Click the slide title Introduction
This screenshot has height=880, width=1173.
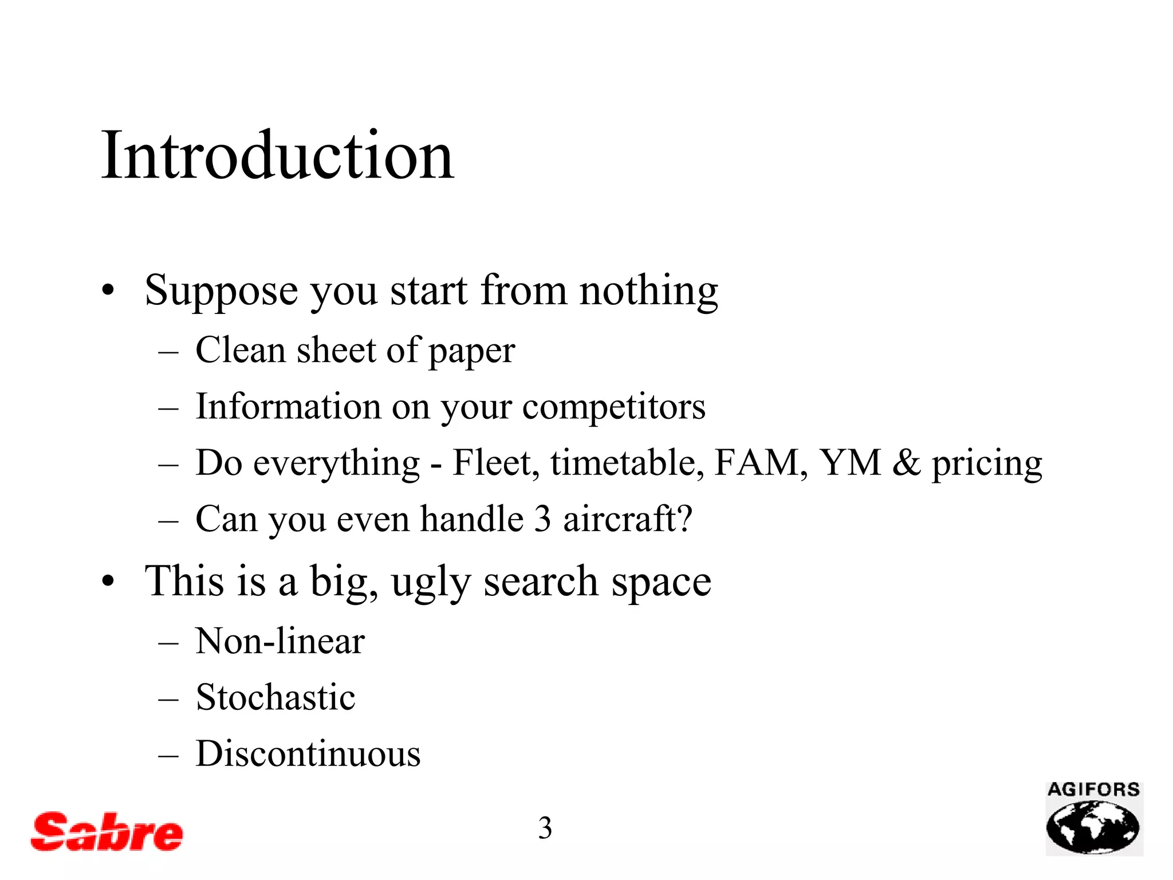(278, 156)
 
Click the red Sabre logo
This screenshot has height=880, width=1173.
(107, 831)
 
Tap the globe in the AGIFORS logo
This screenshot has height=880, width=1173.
(1093, 827)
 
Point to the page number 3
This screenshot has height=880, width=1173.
(545, 828)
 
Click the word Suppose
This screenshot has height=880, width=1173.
(221, 292)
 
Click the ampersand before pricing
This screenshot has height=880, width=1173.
(906, 463)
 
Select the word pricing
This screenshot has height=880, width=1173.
(986, 464)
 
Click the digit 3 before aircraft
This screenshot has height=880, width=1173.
(542, 519)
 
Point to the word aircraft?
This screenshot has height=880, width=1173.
(628, 519)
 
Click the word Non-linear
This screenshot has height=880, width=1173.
(280, 641)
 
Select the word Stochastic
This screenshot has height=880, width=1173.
(275, 698)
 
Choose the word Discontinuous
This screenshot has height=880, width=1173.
(308, 754)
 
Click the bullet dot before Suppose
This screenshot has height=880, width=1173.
(108, 291)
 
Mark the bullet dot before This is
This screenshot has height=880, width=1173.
(108, 582)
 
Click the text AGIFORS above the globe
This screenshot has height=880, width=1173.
(1093, 790)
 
